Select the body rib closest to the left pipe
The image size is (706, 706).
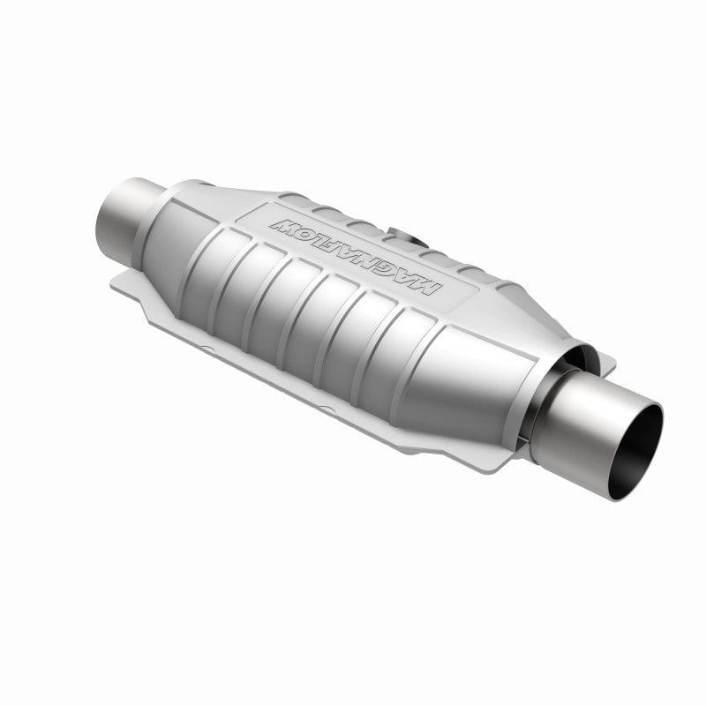click(x=212, y=256)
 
